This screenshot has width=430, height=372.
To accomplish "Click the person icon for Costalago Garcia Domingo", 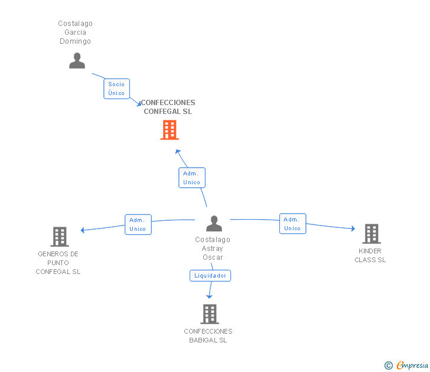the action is pos(77,60).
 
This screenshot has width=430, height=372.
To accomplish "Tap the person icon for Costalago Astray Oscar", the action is pos(214,223).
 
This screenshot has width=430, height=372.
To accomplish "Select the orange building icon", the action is pos(170,130).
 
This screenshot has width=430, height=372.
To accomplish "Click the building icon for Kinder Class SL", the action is pos(372,234).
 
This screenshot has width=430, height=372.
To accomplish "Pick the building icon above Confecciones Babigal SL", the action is pos(210,314).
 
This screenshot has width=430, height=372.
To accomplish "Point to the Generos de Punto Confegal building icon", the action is pos(60,237).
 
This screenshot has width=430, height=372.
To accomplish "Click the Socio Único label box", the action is pos(116,89).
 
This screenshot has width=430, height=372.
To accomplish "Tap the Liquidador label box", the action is pos(210,276).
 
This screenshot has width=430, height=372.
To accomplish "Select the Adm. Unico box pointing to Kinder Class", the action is pos(292,224).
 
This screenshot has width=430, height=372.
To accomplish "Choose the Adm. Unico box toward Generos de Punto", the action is pos(138,224).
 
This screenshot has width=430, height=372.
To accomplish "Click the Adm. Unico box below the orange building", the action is pos(192,178).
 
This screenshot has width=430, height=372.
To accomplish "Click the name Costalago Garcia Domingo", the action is pos(76,32).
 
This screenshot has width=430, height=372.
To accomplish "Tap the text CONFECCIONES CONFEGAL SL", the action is pos(168,107).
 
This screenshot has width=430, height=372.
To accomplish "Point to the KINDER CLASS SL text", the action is pos(370,256).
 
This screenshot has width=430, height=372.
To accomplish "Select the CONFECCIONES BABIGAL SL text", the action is pos(208,336).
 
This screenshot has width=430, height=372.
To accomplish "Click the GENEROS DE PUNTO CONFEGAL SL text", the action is pos(58,263).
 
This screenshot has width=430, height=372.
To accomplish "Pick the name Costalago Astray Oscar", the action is pos(213,249).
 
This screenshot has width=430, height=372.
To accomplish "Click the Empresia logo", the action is pos(406,366).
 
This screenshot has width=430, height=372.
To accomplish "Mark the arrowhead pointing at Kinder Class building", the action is pos(353,229).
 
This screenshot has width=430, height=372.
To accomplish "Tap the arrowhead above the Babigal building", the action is pos(209,296).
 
